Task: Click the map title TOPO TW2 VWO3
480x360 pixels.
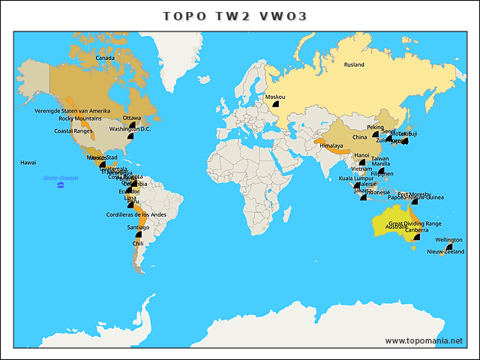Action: (235, 16)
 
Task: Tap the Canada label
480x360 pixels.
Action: (105, 58)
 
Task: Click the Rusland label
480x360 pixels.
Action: (354, 65)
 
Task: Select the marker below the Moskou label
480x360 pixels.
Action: (275, 105)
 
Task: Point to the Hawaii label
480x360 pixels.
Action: (28, 162)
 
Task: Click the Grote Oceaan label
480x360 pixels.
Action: (60, 178)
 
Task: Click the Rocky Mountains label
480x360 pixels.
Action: (80, 118)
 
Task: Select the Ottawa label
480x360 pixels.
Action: (131, 118)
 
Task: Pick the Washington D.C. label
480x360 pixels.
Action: (130, 129)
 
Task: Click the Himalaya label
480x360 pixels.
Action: (331, 145)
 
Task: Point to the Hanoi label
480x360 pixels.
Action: (361, 155)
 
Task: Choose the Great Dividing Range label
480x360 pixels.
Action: (415, 223)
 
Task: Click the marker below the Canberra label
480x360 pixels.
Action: (417, 237)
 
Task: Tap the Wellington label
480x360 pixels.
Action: (448, 240)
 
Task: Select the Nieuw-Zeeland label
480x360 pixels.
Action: (445, 252)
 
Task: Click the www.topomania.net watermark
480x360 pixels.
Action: (424, 340)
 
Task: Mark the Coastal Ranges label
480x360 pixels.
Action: (73, 130)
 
